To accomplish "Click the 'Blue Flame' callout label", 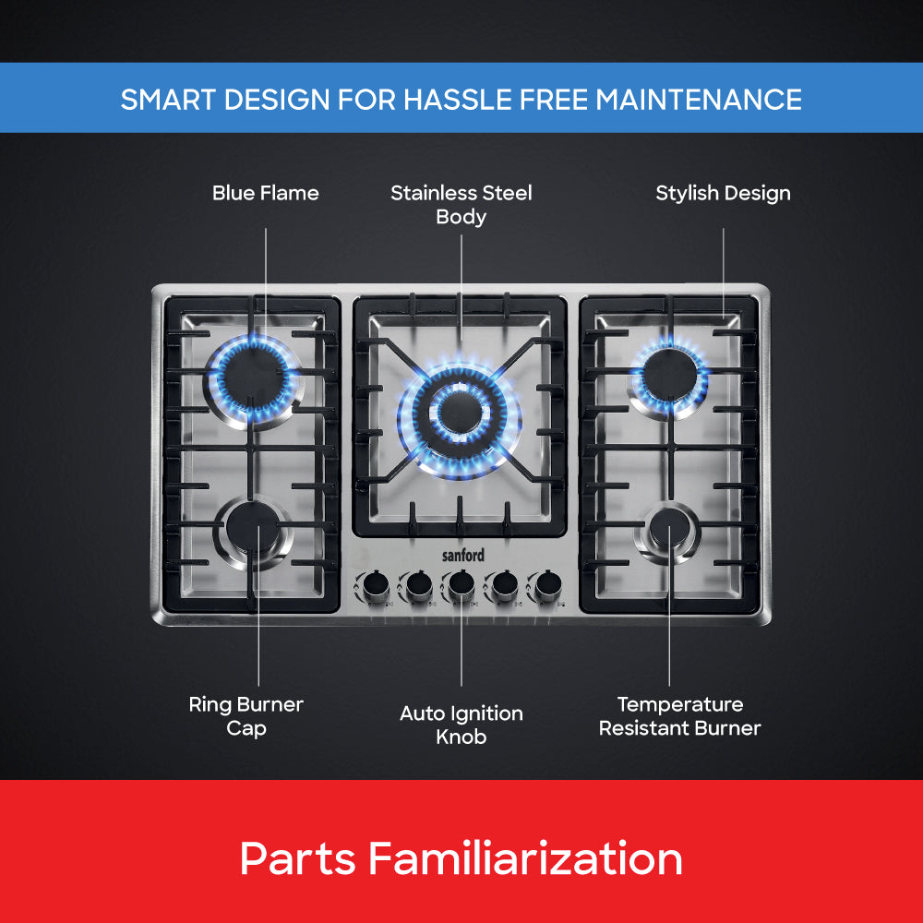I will tap(265, 193).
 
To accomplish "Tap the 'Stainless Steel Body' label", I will tap(461, 205).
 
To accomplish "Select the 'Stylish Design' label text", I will tap(723, 193).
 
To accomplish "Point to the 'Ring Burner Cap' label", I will tap(246, 716).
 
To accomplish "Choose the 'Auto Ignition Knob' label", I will tap(461, 725).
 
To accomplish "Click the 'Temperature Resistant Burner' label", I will tap(679, 716).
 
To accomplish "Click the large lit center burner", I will tap(460, 410).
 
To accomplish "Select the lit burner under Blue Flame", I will tap(255, 377).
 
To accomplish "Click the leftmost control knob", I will tap(375, 584).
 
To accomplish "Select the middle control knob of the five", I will tap(461, 583).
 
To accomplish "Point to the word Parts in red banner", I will tap(297, 859).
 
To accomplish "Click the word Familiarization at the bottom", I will tap(526, 859).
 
